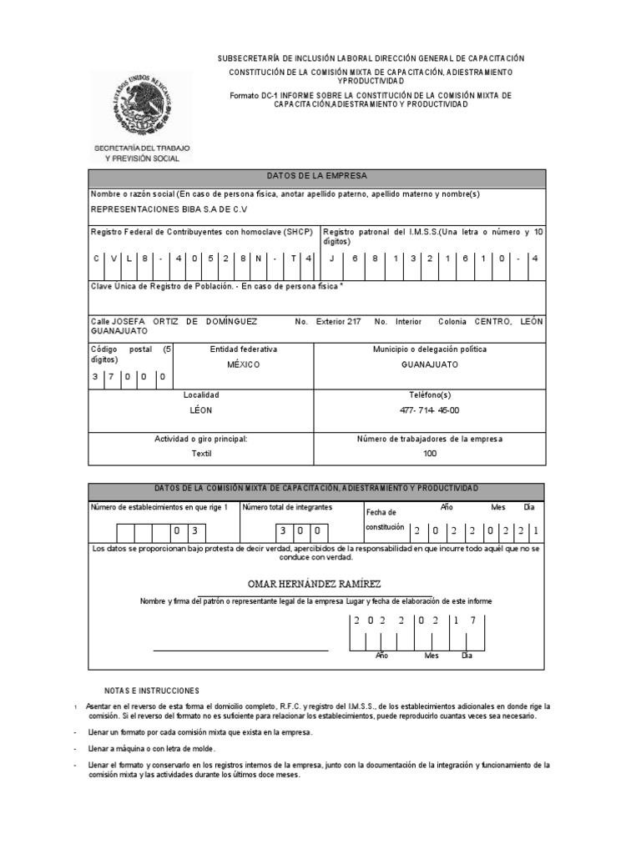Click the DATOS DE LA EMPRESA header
(x=316, y=177)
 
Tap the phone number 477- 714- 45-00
(x=429, y=410)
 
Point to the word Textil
(x=201, y=454)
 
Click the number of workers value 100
(x=429, y=454)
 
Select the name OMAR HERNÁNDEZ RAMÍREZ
(x=315, y=584)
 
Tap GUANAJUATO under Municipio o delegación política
(x=429, y=364)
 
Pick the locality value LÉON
(x=201, y=410)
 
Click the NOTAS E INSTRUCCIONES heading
(x=152, y=691)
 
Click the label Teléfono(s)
(x=429, y=394)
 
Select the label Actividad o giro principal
(x=201, y=439)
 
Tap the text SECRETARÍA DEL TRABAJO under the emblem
(x=141, y=148)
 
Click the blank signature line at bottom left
(x=240, y=649)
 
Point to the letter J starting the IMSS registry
(x=331, y=259)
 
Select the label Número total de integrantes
(x=286, y=507)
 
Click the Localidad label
(x=201, y=394)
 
